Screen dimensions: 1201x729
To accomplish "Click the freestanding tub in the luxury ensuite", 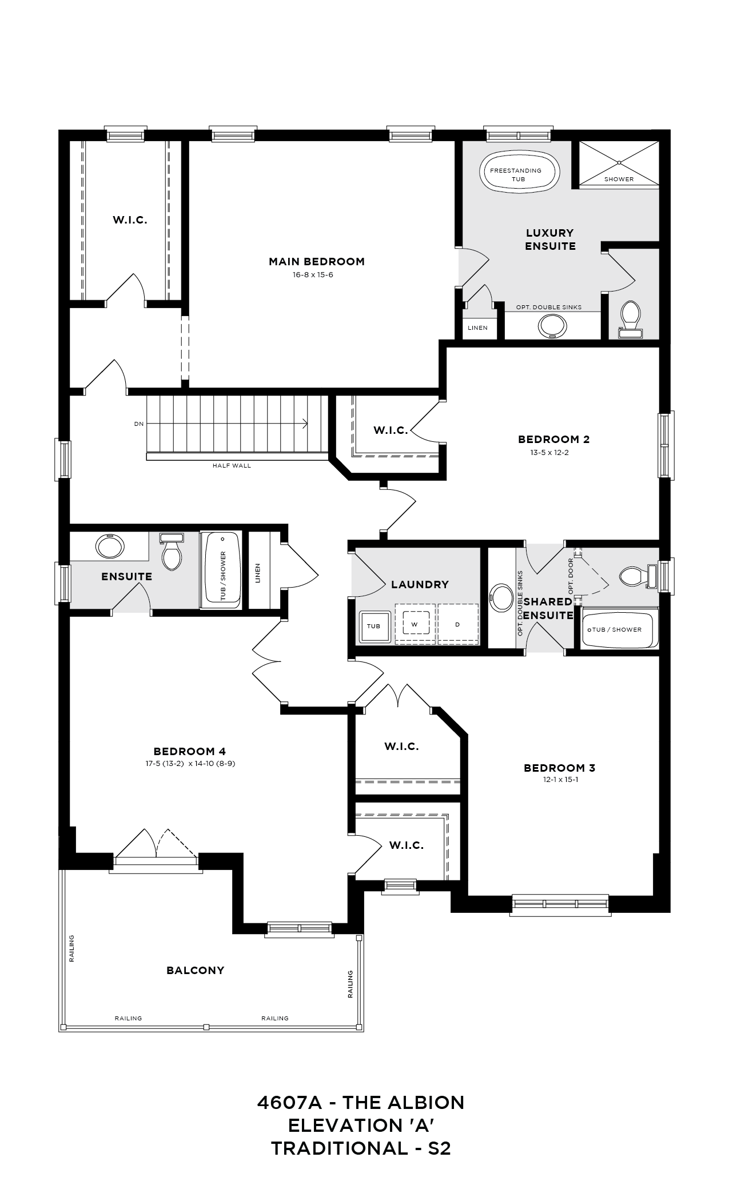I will pos(519,171).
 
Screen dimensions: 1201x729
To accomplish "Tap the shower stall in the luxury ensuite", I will pos(619,162).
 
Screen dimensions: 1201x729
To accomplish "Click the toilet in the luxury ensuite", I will pos(631,317).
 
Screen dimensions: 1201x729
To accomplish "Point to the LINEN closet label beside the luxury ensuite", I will pos(477,328).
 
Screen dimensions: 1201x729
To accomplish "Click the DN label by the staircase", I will pos(139,424).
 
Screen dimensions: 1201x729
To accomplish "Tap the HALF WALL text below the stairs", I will pos(232,466).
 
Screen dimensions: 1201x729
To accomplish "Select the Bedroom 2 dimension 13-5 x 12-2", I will pos(553,453).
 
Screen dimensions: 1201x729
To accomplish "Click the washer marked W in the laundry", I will pos(416,625).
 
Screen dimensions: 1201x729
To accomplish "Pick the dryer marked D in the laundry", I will pos(457,625).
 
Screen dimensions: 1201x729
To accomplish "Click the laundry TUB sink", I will pos(373,626).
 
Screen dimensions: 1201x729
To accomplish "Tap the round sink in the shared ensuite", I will pos(501,597).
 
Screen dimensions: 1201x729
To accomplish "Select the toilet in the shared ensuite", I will pos(634,576).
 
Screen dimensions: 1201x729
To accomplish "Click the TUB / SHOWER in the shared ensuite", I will pos(618,630).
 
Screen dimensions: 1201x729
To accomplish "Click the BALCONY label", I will pos(195,971).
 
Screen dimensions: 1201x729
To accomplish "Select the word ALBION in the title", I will pos(426,1103).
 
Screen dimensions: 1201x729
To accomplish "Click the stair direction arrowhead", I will pos(306,424).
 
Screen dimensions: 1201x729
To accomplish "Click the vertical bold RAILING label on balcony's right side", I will pos(350,984).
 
